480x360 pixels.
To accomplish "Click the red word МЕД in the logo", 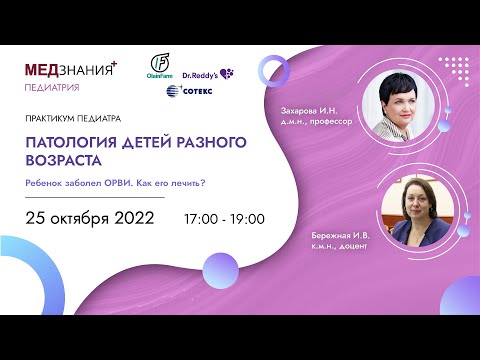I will point(45,72).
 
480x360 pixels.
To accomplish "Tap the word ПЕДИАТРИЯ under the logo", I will point(55,88).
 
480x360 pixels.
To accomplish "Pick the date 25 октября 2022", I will point(89,217).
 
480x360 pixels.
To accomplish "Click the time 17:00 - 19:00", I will point(224,218).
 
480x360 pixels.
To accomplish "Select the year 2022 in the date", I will point(132,217).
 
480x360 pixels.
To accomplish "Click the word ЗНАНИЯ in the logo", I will point(88,72).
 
